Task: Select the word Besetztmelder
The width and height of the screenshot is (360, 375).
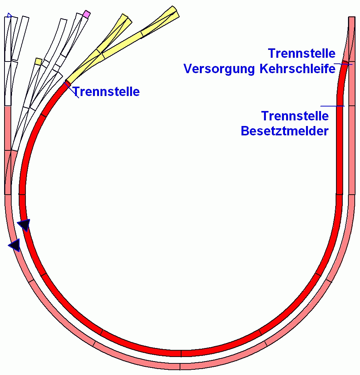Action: [x=285, y=131]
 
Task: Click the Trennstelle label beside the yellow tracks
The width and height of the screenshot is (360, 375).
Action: [x=106, y=91]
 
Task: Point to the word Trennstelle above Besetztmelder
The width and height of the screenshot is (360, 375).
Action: [x=295, y=116]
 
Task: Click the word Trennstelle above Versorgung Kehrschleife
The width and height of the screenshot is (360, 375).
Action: [x=301, y=53]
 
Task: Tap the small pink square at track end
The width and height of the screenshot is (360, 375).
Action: [x=87, y=14]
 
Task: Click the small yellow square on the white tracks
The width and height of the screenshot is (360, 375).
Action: [x=38, y=61]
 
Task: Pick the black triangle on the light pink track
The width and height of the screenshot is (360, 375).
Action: [x=15, y=245]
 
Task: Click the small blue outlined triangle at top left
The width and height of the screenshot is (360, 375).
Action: [x=9, y=15]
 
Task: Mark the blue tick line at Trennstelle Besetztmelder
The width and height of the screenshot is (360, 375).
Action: [x=332, y=106]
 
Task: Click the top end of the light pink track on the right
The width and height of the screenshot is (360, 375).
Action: [x=352, y=19]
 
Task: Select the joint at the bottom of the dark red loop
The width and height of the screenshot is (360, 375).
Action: [x=181, y=353]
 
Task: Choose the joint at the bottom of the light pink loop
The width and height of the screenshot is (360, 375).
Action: [x=180, y=366]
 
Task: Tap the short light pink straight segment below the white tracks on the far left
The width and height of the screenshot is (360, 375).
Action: [x=7, y=127]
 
